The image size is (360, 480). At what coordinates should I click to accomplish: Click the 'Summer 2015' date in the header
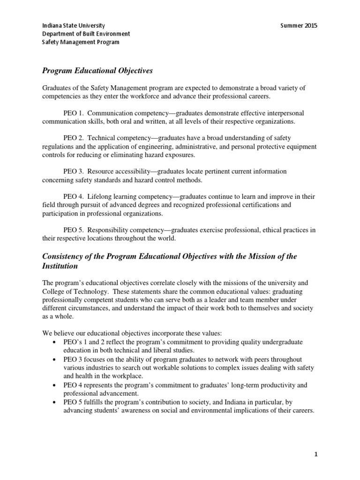298,25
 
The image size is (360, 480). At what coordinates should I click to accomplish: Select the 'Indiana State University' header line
74,25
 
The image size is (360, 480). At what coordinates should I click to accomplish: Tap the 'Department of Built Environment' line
86,34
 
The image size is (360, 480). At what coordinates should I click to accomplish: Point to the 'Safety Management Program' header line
81,42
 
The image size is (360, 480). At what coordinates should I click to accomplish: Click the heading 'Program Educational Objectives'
97,71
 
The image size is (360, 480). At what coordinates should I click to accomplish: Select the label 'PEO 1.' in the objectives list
73,113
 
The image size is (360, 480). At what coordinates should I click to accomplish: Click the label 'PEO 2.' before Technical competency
73,138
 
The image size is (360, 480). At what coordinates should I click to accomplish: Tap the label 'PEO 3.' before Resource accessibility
73,172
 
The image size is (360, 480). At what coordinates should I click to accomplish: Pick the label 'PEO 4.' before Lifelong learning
73,196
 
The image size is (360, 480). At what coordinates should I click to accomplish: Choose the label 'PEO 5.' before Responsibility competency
73,230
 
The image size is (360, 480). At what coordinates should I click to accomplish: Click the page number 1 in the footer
315,455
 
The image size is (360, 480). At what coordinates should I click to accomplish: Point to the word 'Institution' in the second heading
60,266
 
